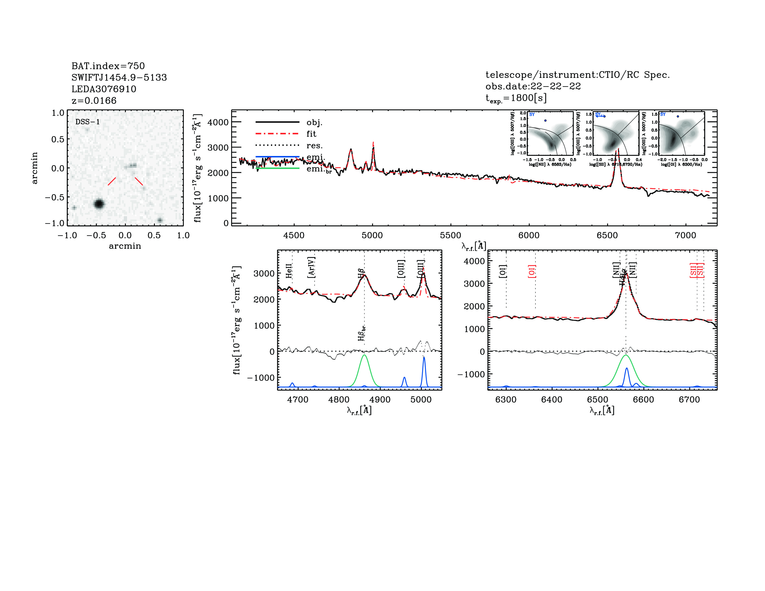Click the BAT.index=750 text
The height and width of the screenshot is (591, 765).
(x=108, y=66)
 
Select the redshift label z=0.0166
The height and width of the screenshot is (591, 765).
(x=94, y=101)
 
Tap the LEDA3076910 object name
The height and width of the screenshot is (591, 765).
(x=104, y=89)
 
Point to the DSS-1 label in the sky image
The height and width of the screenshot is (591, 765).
(x=88, y=122)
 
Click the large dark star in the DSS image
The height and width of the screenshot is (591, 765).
(x=99, y=204)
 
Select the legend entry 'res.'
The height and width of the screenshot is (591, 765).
(x=314, y=146)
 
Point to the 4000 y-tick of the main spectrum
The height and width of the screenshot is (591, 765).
(x=218, y=122)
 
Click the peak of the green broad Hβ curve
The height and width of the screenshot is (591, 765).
(x=364, y=355)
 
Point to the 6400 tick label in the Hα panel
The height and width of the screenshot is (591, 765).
(x=552, y=400)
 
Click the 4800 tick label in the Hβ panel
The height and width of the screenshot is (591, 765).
(x=339, y=400)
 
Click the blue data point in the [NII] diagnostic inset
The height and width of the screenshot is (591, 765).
(x=545, y=121)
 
